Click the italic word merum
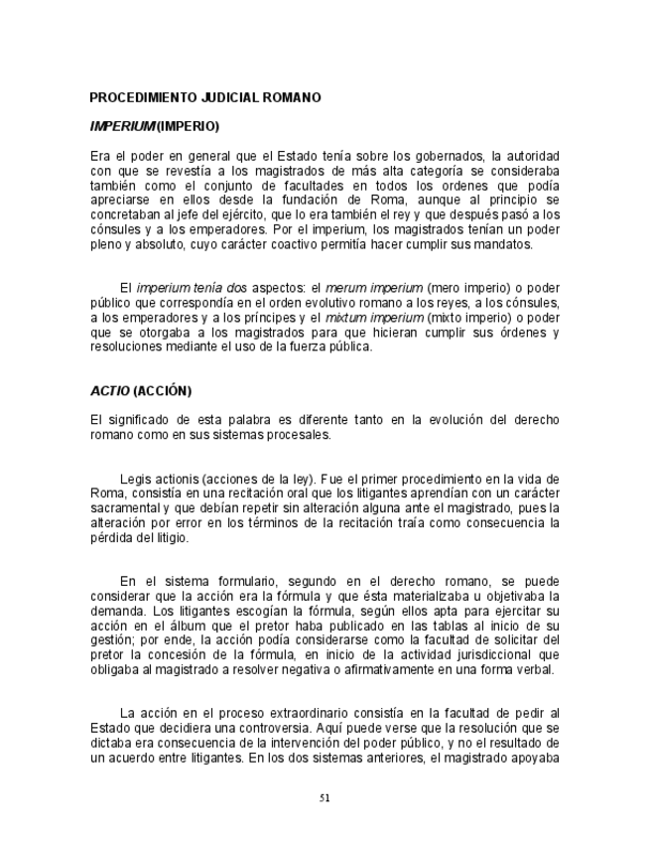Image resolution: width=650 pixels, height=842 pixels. point(343,288)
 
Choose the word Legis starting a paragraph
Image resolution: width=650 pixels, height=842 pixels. point(135,479)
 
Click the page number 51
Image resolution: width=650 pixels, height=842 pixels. point(325,797)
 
